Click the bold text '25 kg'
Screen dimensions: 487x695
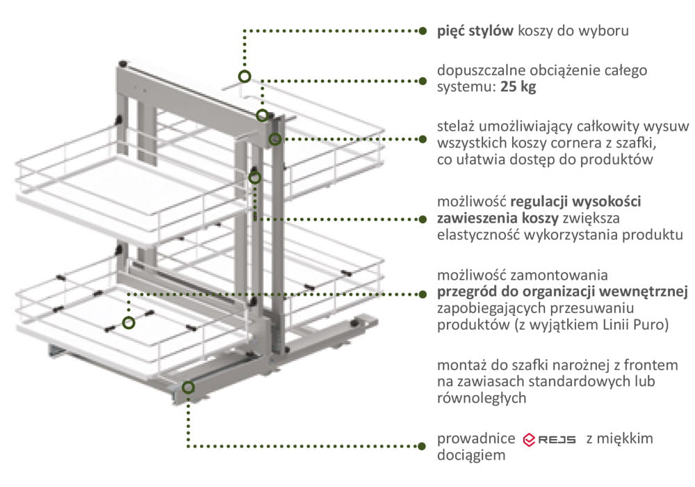tap(518, 88)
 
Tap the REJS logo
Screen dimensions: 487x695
tap(549, 440)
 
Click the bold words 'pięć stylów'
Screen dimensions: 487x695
tap(475, 31)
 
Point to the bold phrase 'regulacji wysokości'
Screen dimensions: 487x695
tap(576, 202)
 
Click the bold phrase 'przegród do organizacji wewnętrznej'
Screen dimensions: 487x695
tap(563, 292)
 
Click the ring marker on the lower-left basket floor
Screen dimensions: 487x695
tap(129, 322)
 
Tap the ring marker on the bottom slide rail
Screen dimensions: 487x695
tap(188, 387)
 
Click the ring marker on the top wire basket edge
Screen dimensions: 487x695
tap(244, 77)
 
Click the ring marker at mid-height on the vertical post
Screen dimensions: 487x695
tap(255, 177)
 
